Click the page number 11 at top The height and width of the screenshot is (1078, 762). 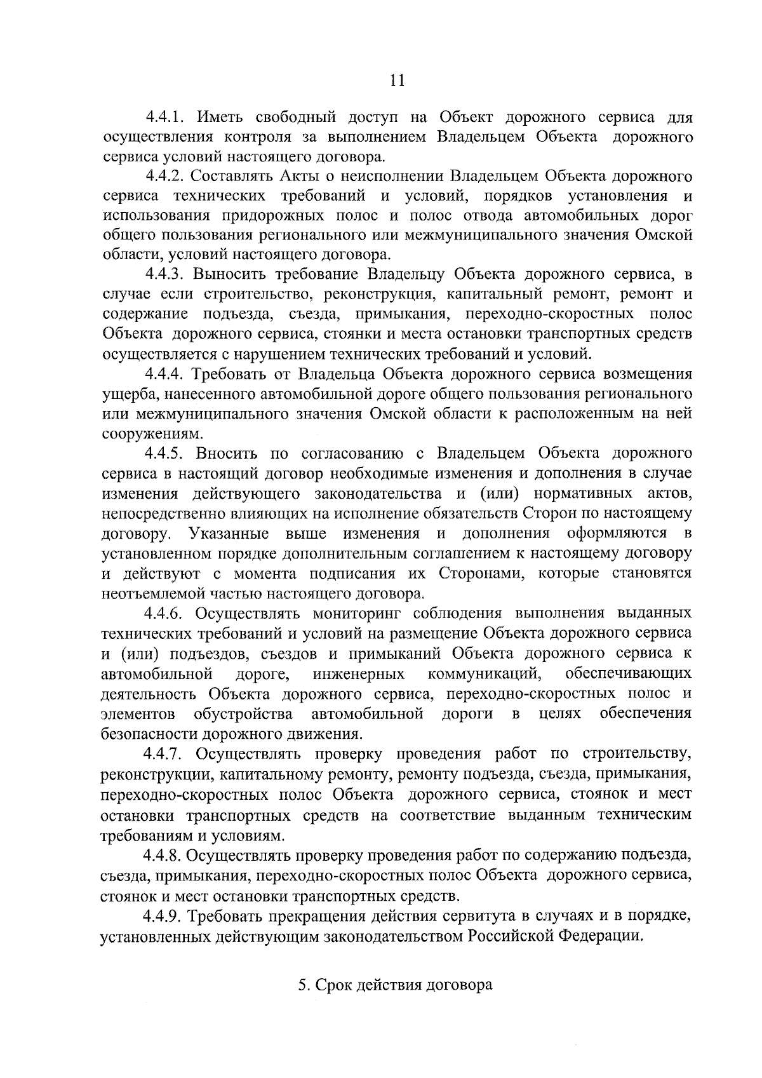point(396,80)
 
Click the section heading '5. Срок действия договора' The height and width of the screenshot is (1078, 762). point(395,985)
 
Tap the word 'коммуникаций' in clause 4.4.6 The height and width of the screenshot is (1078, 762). point(485,673)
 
